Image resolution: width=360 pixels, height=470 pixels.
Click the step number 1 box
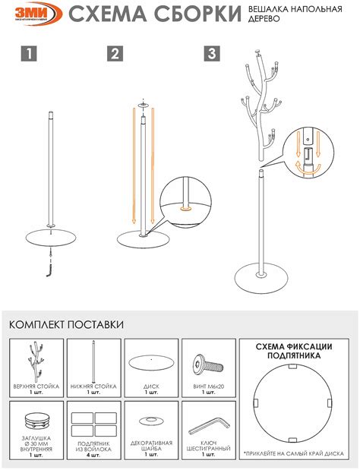click(x=28, y=54)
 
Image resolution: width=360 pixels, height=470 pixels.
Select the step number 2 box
click(x=115, y=54)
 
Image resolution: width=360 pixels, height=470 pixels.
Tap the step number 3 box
click(x=212, y=54)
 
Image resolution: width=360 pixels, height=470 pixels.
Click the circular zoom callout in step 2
click(x=185, y=200)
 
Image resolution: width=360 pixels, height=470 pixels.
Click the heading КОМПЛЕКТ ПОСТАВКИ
click(x=66, y=325)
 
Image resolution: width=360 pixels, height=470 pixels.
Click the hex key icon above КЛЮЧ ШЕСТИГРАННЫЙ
click(x=207, y=422)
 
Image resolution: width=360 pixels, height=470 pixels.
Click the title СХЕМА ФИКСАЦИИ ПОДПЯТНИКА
click(x=293, y=350)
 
